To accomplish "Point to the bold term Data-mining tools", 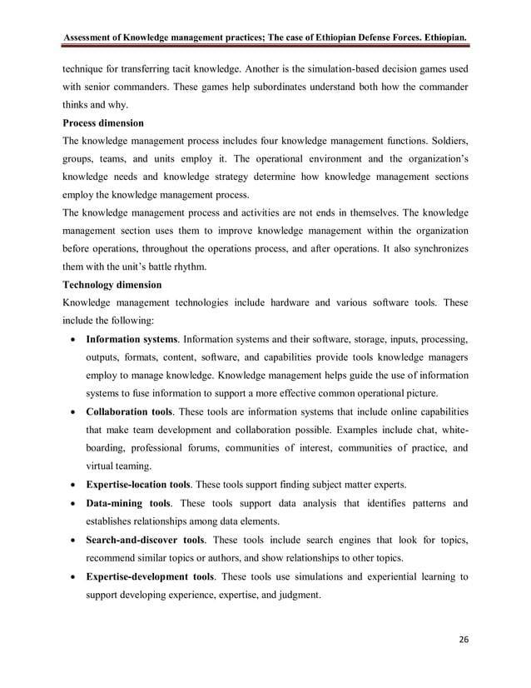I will pyautogui.click(x=127, y=503).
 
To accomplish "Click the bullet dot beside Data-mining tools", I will pyautogui.click(x=77, y=504).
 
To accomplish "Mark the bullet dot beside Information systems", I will pyautogui.click(x=77, y=340).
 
